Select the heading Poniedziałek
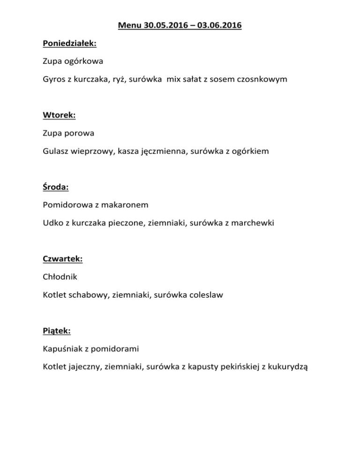[69, 44]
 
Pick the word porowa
[80, 133]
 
